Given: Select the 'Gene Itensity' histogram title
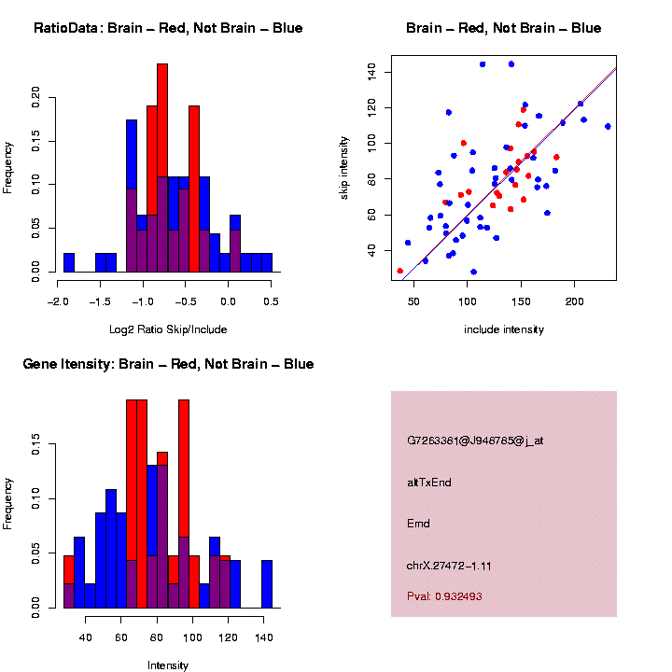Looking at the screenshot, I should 168,363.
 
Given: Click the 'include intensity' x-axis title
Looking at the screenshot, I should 504,329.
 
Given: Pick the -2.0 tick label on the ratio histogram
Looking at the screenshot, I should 58,301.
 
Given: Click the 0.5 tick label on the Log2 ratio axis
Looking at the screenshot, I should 272,301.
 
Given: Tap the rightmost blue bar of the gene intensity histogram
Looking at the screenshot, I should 267,583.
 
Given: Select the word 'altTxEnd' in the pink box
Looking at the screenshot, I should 429,483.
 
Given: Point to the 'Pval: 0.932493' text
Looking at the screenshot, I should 444,596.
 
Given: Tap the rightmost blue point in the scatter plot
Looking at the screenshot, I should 608,126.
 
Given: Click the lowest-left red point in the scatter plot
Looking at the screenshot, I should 400,271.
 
